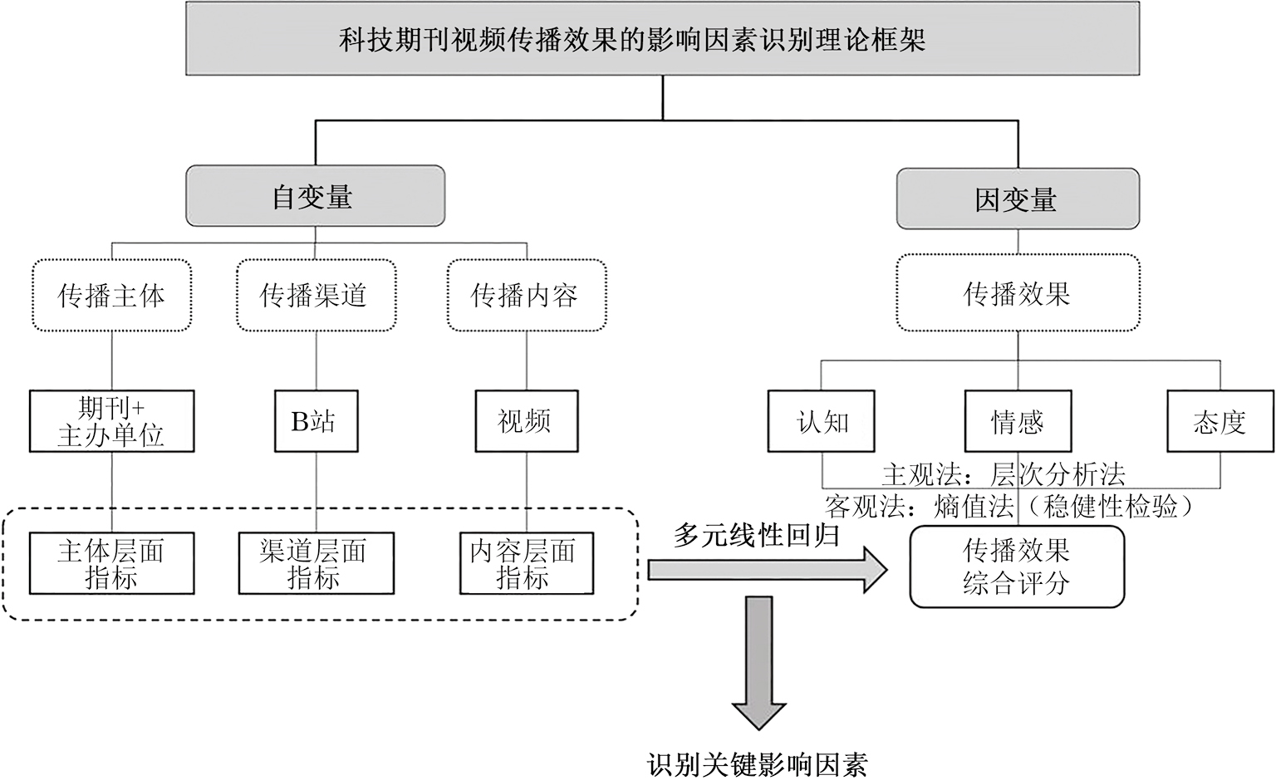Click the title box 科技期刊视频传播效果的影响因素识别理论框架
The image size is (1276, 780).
661,39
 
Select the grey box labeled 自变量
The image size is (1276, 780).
314,197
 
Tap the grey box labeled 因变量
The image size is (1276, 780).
1016,199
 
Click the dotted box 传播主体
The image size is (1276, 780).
112,295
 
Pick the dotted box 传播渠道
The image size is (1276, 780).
314,295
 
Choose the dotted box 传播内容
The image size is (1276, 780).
525,295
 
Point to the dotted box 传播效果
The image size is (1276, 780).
1016,293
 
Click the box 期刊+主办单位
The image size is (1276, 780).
112,422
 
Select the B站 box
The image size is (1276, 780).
314,422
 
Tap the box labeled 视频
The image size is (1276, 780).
525,422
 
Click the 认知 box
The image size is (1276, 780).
822,423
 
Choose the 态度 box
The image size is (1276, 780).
1219,423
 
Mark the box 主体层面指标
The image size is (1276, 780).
112,564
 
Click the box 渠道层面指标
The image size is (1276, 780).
315,564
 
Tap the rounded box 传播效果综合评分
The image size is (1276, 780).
1017,567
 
